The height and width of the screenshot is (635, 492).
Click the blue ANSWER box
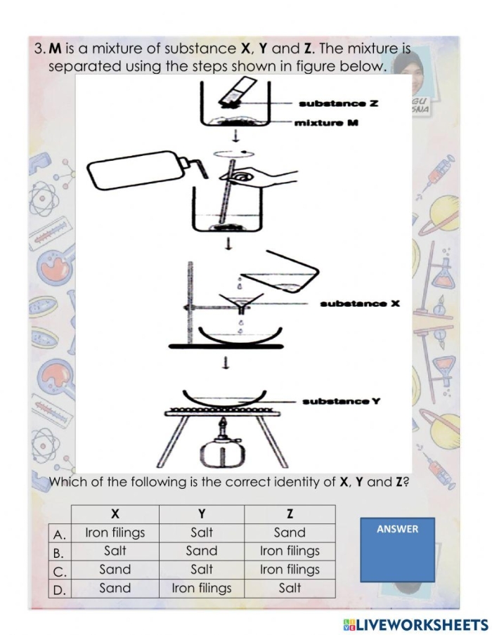(397, 549)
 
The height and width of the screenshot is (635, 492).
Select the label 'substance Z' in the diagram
(338, 104)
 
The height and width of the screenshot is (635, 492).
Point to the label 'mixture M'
(326, 123)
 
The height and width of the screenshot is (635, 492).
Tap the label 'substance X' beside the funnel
(359, 303)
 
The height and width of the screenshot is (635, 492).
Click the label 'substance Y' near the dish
(341, 401)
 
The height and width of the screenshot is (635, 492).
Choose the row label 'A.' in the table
(60, 534)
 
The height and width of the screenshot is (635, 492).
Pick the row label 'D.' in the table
(60, 589)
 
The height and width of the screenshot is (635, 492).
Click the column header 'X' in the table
(115, 514)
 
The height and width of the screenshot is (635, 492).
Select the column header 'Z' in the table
(290, 514)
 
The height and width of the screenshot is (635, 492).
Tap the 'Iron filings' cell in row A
(115, 533)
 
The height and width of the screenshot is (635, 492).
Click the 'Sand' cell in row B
(202, 551)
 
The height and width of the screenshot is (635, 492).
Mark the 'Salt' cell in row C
(202, 570)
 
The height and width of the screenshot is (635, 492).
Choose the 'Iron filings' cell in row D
(202, 589)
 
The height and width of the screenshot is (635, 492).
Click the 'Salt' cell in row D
(290, 589)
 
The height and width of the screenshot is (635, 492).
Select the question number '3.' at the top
(39, 49)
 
